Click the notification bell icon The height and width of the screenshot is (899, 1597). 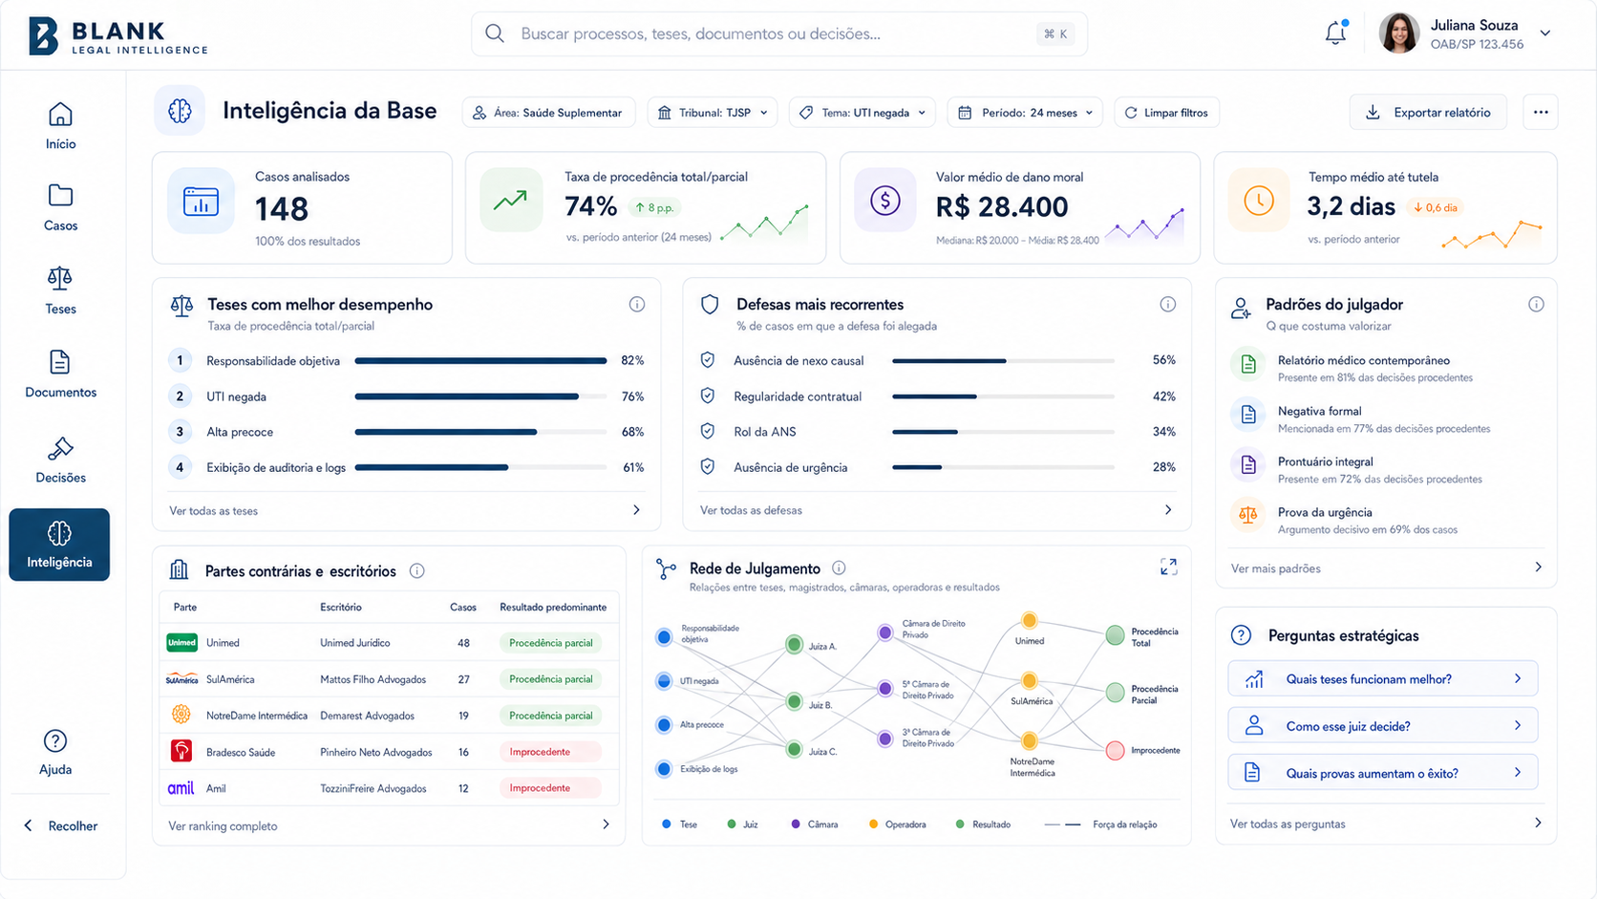click(x=1335, y=32)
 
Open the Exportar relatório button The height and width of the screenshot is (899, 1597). click(x=1428, y=113)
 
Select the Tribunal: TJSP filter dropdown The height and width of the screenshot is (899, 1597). click(x=713, y=113)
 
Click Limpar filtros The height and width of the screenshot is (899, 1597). click(x=1166, y=113)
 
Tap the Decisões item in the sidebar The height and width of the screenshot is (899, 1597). click(x=60, y=460)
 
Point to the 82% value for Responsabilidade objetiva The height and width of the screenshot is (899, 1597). click(x=632, y=361)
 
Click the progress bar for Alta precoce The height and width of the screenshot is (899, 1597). click(x=480, y=432)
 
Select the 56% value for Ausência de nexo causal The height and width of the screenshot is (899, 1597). click(x=1163, y=360)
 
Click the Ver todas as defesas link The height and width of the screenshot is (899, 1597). click(x=751, y=510)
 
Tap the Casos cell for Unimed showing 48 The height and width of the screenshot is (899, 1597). click(x=463, y=642)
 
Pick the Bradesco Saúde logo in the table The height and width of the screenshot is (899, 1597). click(x=181, y=752)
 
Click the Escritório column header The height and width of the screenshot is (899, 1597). click(x=341, y=608)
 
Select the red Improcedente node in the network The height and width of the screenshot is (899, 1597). click(x=1115, y=750)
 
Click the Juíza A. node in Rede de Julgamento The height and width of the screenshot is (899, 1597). click(x=795, y=644)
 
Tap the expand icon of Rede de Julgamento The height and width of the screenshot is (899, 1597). click(x=1168, y=567)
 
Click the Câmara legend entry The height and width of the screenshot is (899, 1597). click(x=815, y=824)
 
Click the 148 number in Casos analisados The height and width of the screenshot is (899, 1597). click(x=282, y=209)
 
